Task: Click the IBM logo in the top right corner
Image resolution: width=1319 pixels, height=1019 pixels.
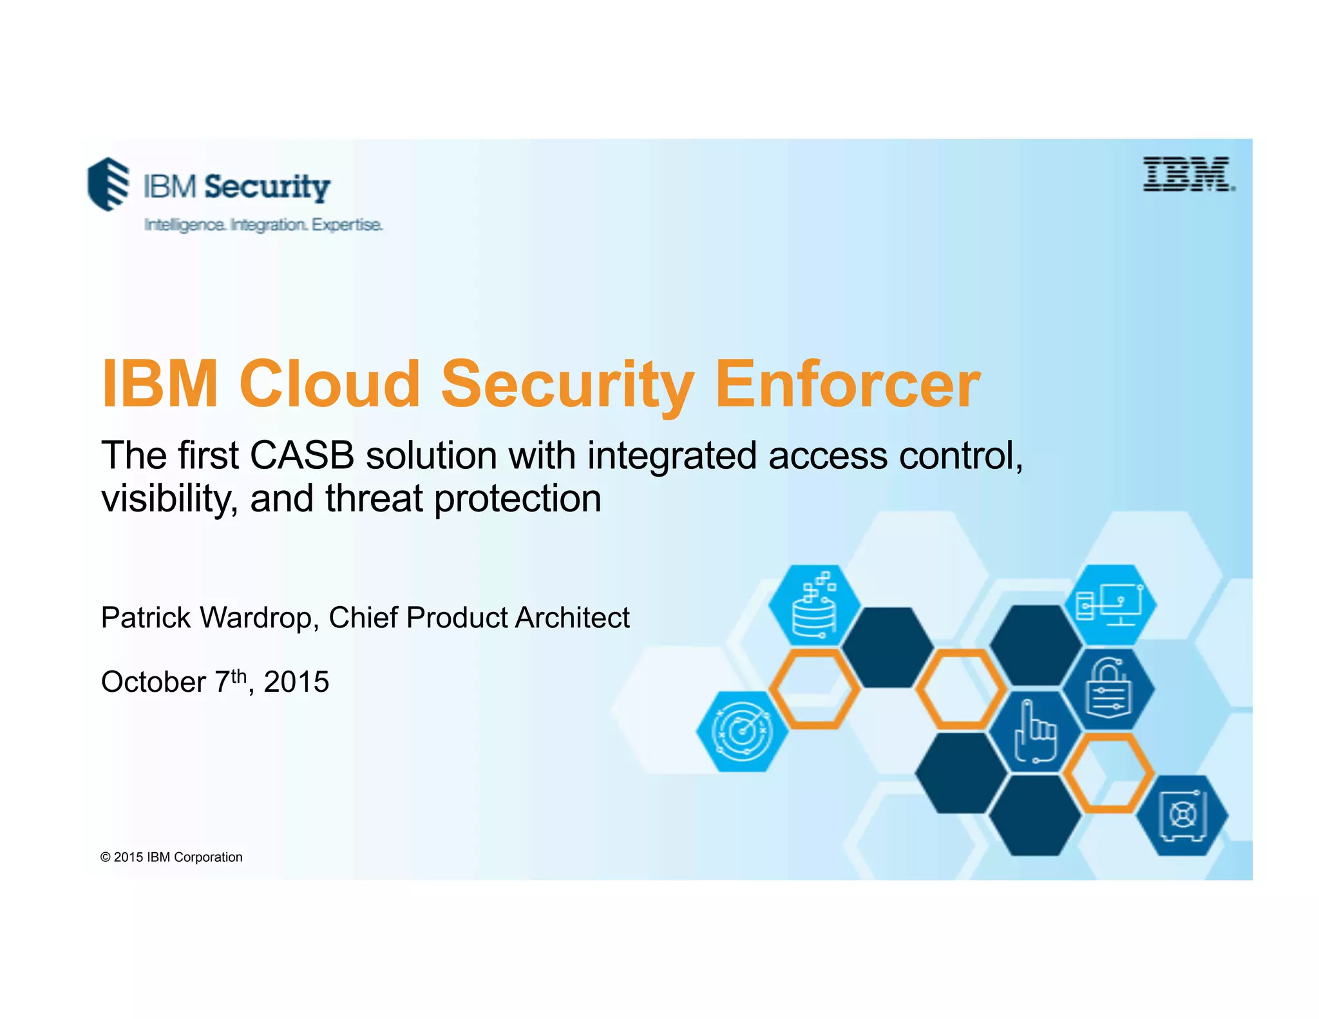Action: click(x=1188, y=174)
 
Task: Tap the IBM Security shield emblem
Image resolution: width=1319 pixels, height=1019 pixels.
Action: click(x=108, y=184)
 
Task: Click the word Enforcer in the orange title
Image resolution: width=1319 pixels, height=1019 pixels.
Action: click(x=848, y=385)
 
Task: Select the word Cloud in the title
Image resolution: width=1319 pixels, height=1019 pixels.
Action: click(x=330, y=385)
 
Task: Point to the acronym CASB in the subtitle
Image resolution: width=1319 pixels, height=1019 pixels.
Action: click(x=302, y=455)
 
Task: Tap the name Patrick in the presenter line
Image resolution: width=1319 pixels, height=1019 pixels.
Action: click(x=146, y=618)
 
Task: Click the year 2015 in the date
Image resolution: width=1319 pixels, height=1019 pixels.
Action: click(x=296, y=682)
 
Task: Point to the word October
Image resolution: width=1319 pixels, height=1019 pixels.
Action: click(x=153, y=682)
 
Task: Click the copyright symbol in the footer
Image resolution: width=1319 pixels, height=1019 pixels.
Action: click(x=106, y=857)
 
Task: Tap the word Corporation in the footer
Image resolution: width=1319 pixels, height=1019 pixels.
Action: click(x=208, y=857)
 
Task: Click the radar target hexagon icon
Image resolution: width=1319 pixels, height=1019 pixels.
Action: click(x=743, y=732)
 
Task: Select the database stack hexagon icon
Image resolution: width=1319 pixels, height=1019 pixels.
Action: click(x=814, y=605)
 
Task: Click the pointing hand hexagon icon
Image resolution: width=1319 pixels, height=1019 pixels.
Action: click(x=1035, y=732)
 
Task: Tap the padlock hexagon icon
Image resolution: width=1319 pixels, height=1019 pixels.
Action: click(x=1108, y=689)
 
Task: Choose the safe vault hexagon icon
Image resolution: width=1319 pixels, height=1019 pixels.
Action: click(x=1182, y=815)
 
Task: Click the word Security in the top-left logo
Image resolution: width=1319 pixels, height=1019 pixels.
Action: click(x=267, y=187)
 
